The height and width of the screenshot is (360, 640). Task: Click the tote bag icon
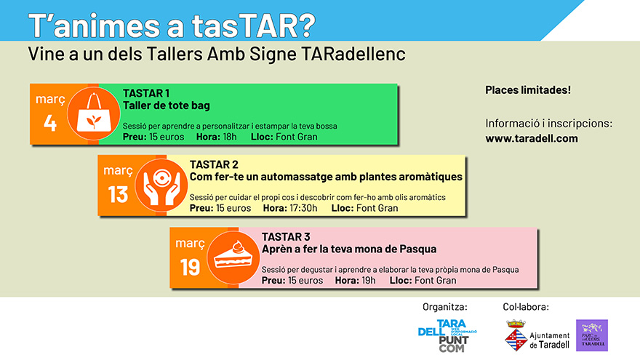[x=94, y=114]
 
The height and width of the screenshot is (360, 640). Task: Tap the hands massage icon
[x=161, y=185]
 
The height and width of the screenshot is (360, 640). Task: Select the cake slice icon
[x=233, y=257]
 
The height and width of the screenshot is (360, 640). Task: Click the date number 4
[x=49, y=123]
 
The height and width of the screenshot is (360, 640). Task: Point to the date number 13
[x=118, y=195]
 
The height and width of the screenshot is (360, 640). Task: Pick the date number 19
[x=191, y=268]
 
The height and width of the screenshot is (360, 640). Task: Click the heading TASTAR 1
[x=146, y=94]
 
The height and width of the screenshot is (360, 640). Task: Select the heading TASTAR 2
[x=214, y=164]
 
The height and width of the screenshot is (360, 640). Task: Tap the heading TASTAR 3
[x=286, y=237]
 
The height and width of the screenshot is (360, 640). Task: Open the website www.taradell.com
[x=532, y=138]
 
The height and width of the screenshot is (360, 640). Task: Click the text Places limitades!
[x=528, y=89]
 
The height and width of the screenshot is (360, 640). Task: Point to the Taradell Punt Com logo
[x=448, y=336]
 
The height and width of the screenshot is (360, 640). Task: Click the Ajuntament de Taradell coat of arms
[x=516, y=335]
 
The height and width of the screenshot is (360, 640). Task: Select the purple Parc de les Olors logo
[x=592, y=335]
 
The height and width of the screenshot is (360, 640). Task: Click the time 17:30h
[x=303, y=208]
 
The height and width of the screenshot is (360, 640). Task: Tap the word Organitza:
[x=445, y=307]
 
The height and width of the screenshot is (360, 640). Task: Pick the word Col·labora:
[x=526, y=307]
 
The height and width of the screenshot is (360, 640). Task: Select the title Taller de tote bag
[x=167, y=105]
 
